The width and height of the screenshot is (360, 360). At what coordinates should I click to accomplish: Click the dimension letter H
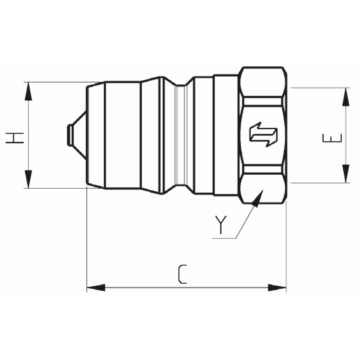click(15, 138)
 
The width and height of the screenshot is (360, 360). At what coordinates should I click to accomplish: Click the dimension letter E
click(332, 138)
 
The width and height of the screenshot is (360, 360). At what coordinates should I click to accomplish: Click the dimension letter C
click(182, 277)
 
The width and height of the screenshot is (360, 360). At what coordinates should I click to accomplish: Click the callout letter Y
click(220, 225)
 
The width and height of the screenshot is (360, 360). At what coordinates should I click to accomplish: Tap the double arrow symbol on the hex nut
click(263, 134)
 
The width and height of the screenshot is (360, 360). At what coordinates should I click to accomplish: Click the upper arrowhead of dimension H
click(28, 91)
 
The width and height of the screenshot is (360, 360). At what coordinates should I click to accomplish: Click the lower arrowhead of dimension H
click(28, 179)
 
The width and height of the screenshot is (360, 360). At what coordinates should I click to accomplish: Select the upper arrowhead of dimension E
click(346, 97)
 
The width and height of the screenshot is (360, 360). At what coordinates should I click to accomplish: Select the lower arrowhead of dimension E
click(346, 174)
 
